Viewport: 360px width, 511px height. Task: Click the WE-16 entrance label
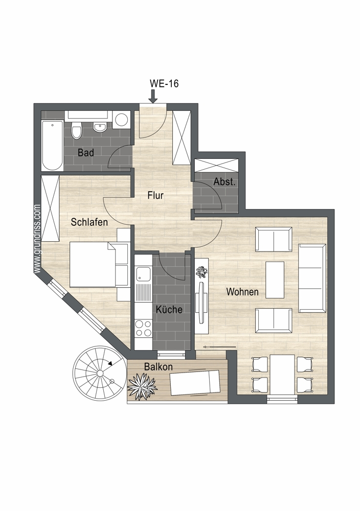(164, 83)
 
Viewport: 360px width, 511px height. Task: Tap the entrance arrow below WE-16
(152, 97)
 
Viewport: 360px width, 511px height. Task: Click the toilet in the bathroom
(77, 130)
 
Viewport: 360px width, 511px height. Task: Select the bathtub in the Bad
(53, 145)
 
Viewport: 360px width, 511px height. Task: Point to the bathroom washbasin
(99, 126)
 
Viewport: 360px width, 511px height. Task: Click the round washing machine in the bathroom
(122, 119)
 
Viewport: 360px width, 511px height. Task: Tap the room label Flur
(155, 195)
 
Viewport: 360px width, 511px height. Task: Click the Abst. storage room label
(224, 182)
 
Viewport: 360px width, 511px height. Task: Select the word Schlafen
(89, 222)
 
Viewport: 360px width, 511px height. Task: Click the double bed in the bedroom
(93, 264)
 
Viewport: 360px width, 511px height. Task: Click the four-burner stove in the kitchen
(144, 328)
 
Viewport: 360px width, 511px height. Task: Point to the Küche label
(169, 309)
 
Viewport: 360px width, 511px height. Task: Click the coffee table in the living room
(275, 280)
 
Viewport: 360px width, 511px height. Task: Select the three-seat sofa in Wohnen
(312, 277)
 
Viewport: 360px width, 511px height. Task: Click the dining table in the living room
(282, 374)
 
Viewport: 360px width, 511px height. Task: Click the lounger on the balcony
(194, 383)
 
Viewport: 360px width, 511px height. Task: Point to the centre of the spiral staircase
(100, 373)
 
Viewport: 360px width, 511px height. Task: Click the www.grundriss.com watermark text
(37, 239)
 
